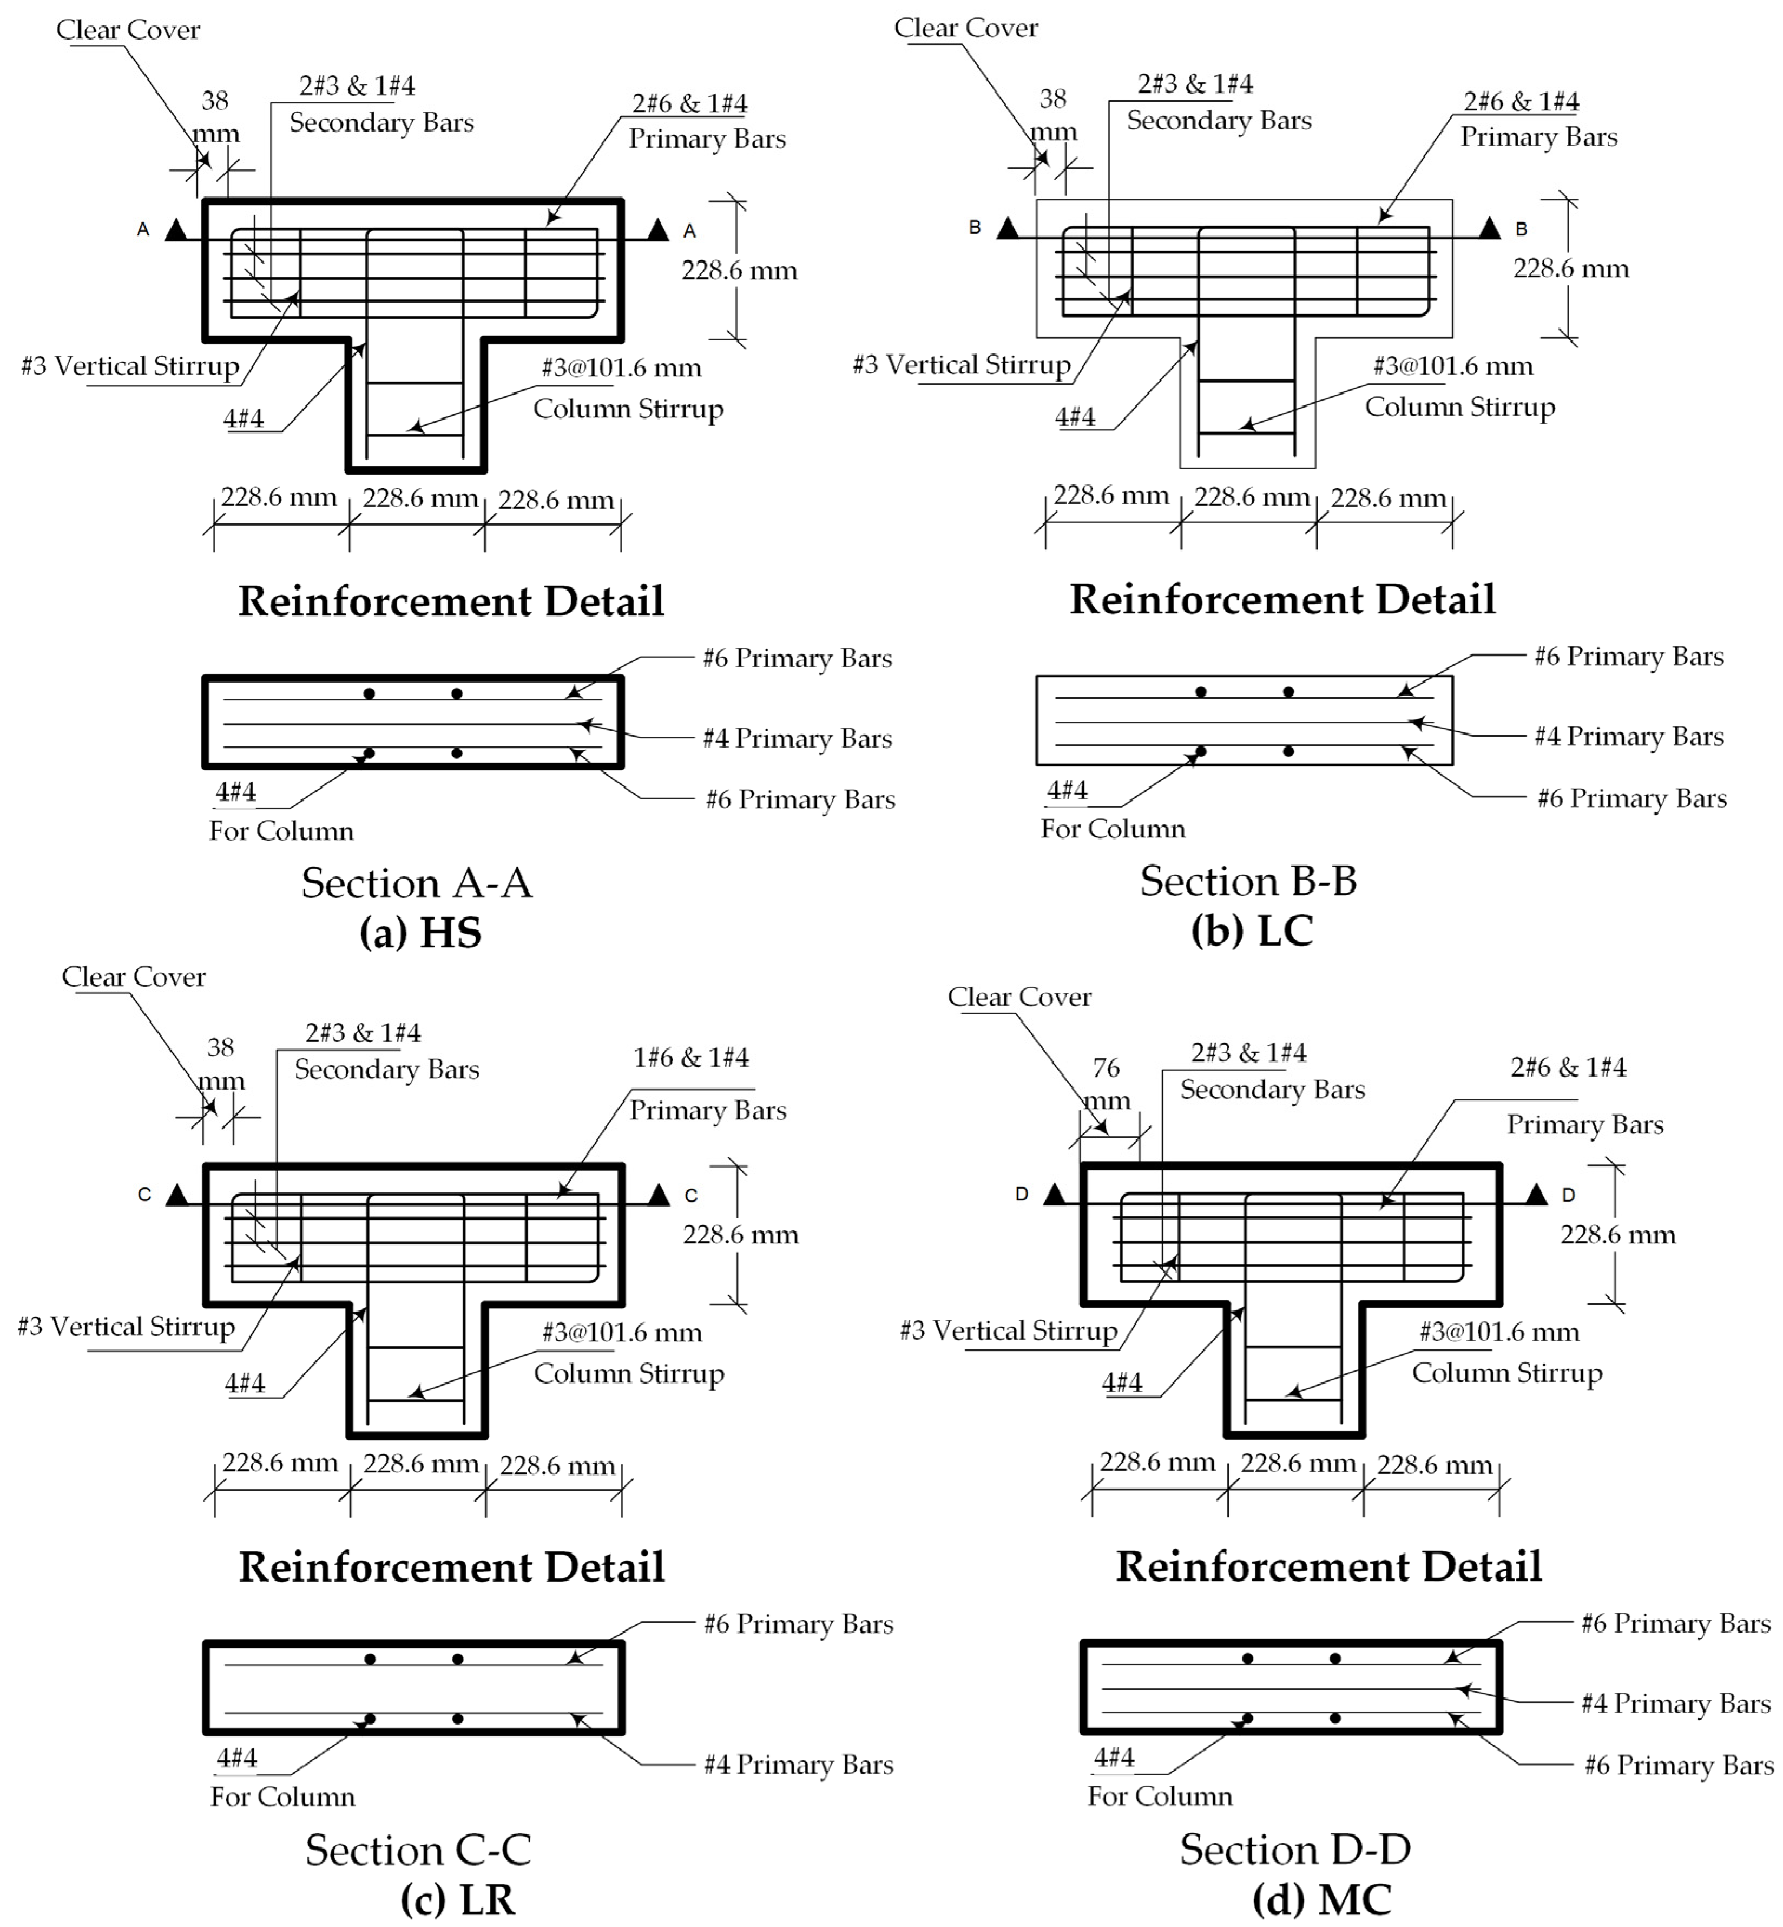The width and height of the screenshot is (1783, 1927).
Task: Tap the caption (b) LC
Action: click(x=1252, y=930)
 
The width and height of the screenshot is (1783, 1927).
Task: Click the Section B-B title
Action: click(x=1248, y=880)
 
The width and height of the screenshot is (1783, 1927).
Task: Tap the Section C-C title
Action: click(x=418, y=1849)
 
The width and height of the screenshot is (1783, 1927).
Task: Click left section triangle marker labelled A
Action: click(x=176, y=230)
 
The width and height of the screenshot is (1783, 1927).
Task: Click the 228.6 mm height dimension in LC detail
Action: click(x=1571, y=268)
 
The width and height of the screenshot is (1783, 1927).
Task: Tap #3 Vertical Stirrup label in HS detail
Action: click(x=130, y=366)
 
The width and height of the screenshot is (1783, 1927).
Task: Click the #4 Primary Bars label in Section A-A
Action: click(x=797, y=738)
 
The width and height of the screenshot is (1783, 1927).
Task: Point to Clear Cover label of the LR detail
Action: click(x=133, y=976)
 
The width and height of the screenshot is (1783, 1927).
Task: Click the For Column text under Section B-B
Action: click(x=1113, y=829)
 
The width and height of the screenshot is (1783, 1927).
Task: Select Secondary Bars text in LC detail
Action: click(x=1219, y=121)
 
